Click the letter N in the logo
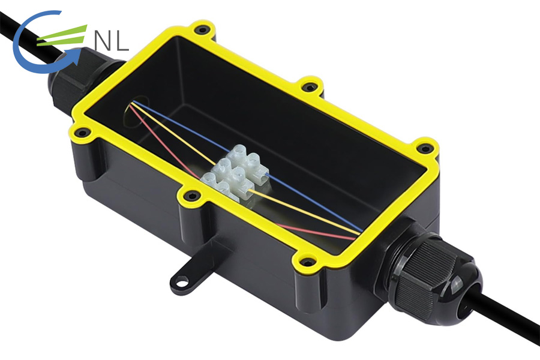104,41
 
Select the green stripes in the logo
62,36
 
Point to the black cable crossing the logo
31,38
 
